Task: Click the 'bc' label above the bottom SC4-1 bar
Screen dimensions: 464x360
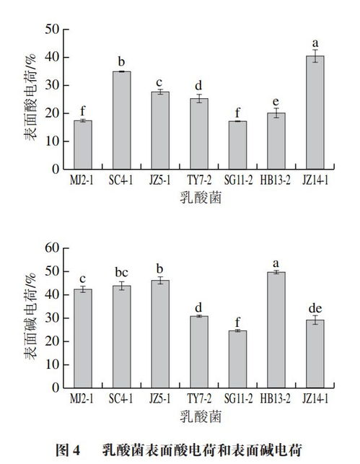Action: coord(122,272)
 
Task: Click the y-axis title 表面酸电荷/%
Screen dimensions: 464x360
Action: coord(32,99)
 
